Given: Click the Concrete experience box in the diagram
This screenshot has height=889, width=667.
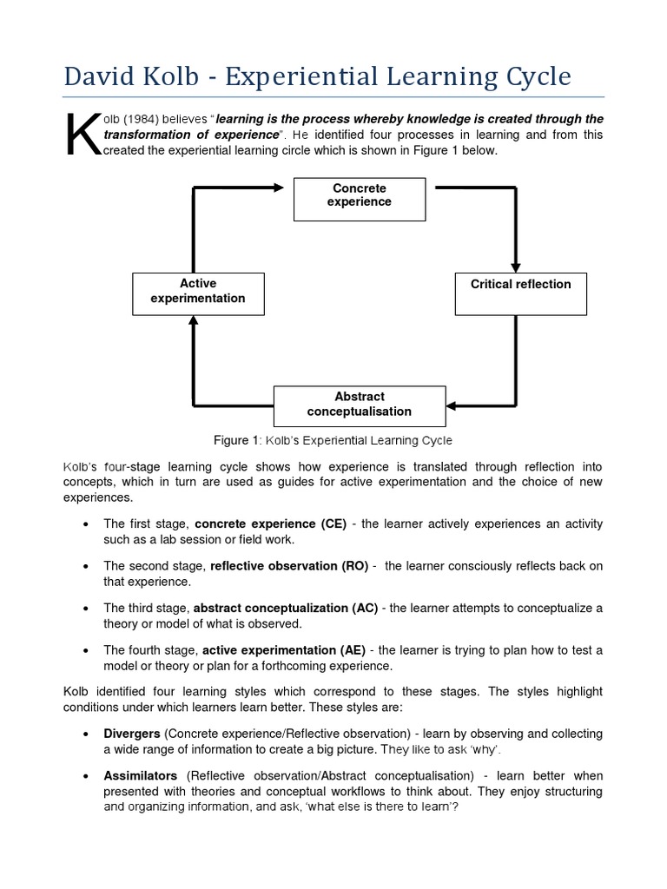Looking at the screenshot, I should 360,199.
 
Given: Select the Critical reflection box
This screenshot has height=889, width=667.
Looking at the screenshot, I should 521,293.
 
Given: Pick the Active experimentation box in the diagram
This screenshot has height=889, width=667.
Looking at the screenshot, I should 198,293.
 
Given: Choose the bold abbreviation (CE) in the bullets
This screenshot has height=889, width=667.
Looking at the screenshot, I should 330,524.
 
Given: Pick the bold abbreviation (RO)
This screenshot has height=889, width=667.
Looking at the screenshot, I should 353,566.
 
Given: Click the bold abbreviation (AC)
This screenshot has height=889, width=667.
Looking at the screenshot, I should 362,608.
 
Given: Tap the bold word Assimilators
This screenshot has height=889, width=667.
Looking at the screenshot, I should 140,775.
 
